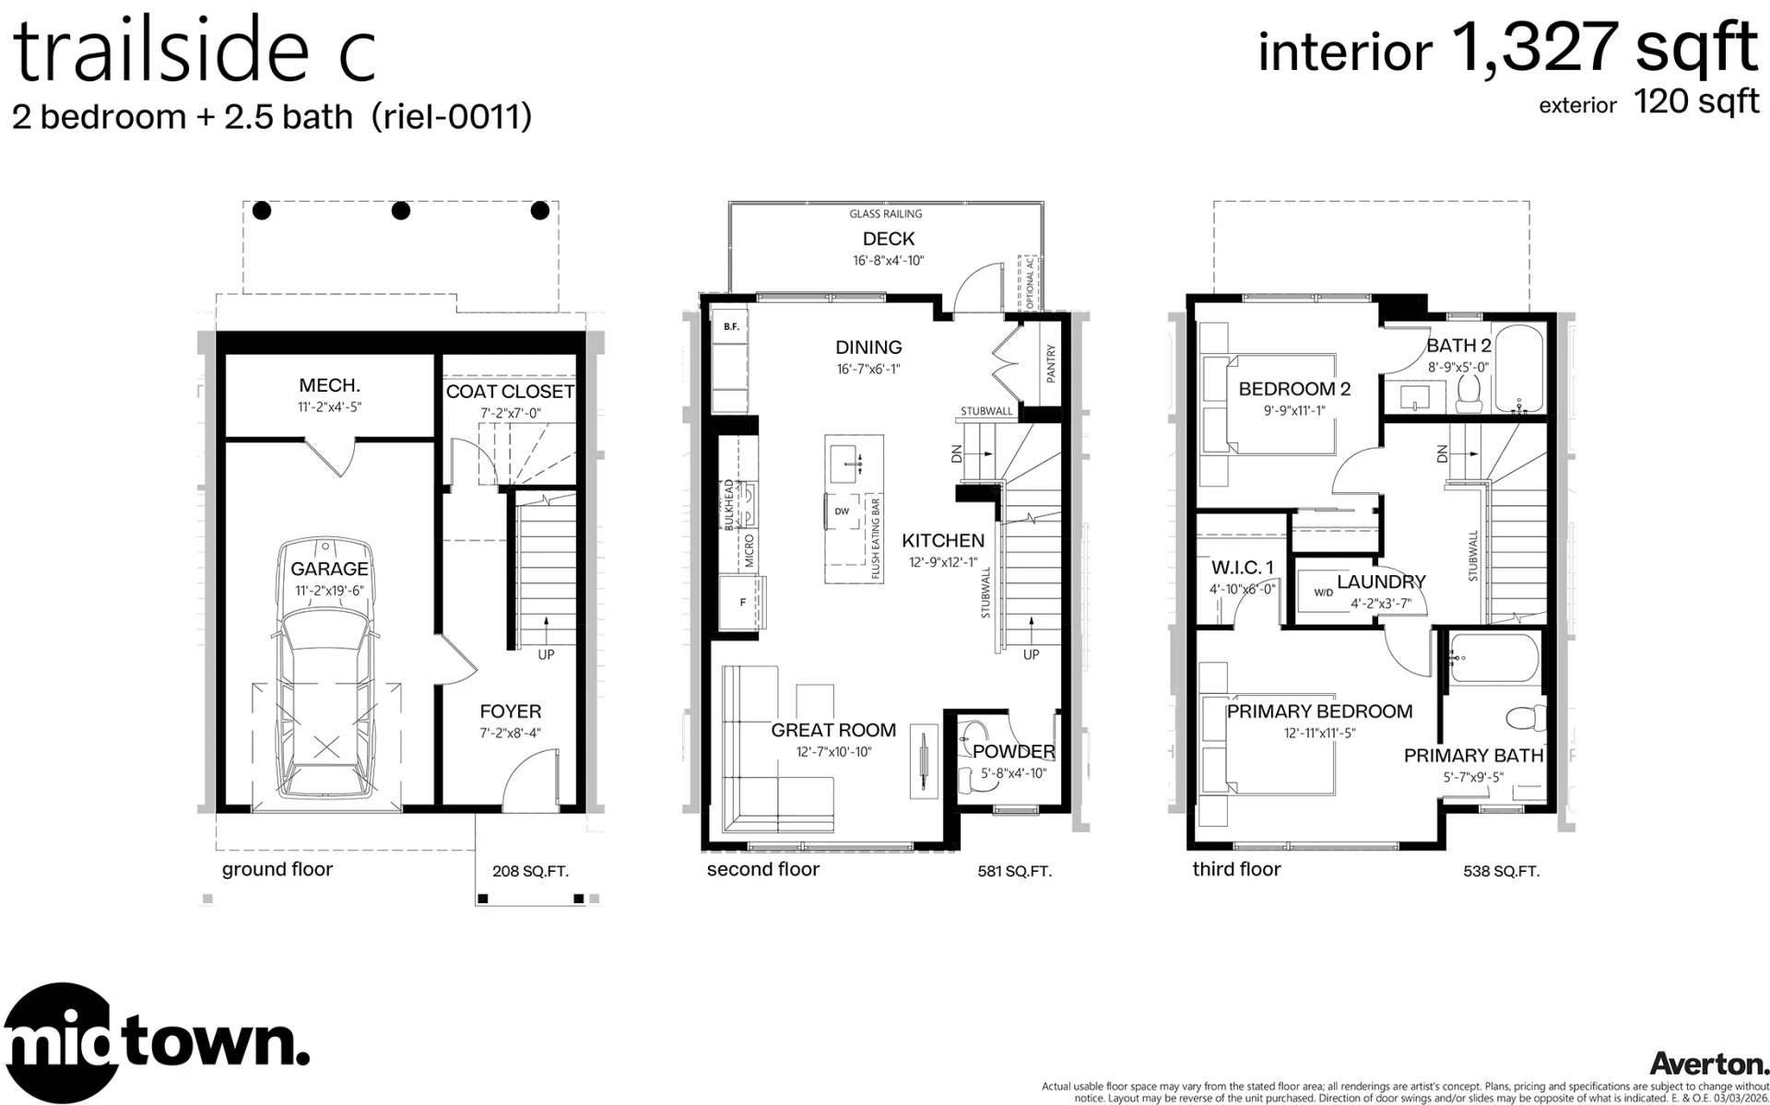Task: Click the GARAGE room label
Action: pos(329,569)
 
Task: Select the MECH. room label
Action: pos(329,385)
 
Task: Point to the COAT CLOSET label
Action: pos(510,392)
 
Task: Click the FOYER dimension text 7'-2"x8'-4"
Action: pos(510,734)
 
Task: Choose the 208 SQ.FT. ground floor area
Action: pos(530,871)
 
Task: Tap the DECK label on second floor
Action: pos(889,240)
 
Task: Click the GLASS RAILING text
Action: pos(886,214)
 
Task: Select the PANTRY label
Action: pos(1051,364)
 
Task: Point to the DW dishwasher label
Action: pos(842,511)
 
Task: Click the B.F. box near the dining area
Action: pos(731,326)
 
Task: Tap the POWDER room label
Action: pos(1014,752)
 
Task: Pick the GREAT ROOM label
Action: pos(833,730)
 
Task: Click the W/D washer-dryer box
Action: pos(1324,593)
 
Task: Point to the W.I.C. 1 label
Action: pos(1243,567)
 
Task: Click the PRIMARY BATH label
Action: pos(1473,756)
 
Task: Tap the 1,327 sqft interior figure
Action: pos(1605,48)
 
